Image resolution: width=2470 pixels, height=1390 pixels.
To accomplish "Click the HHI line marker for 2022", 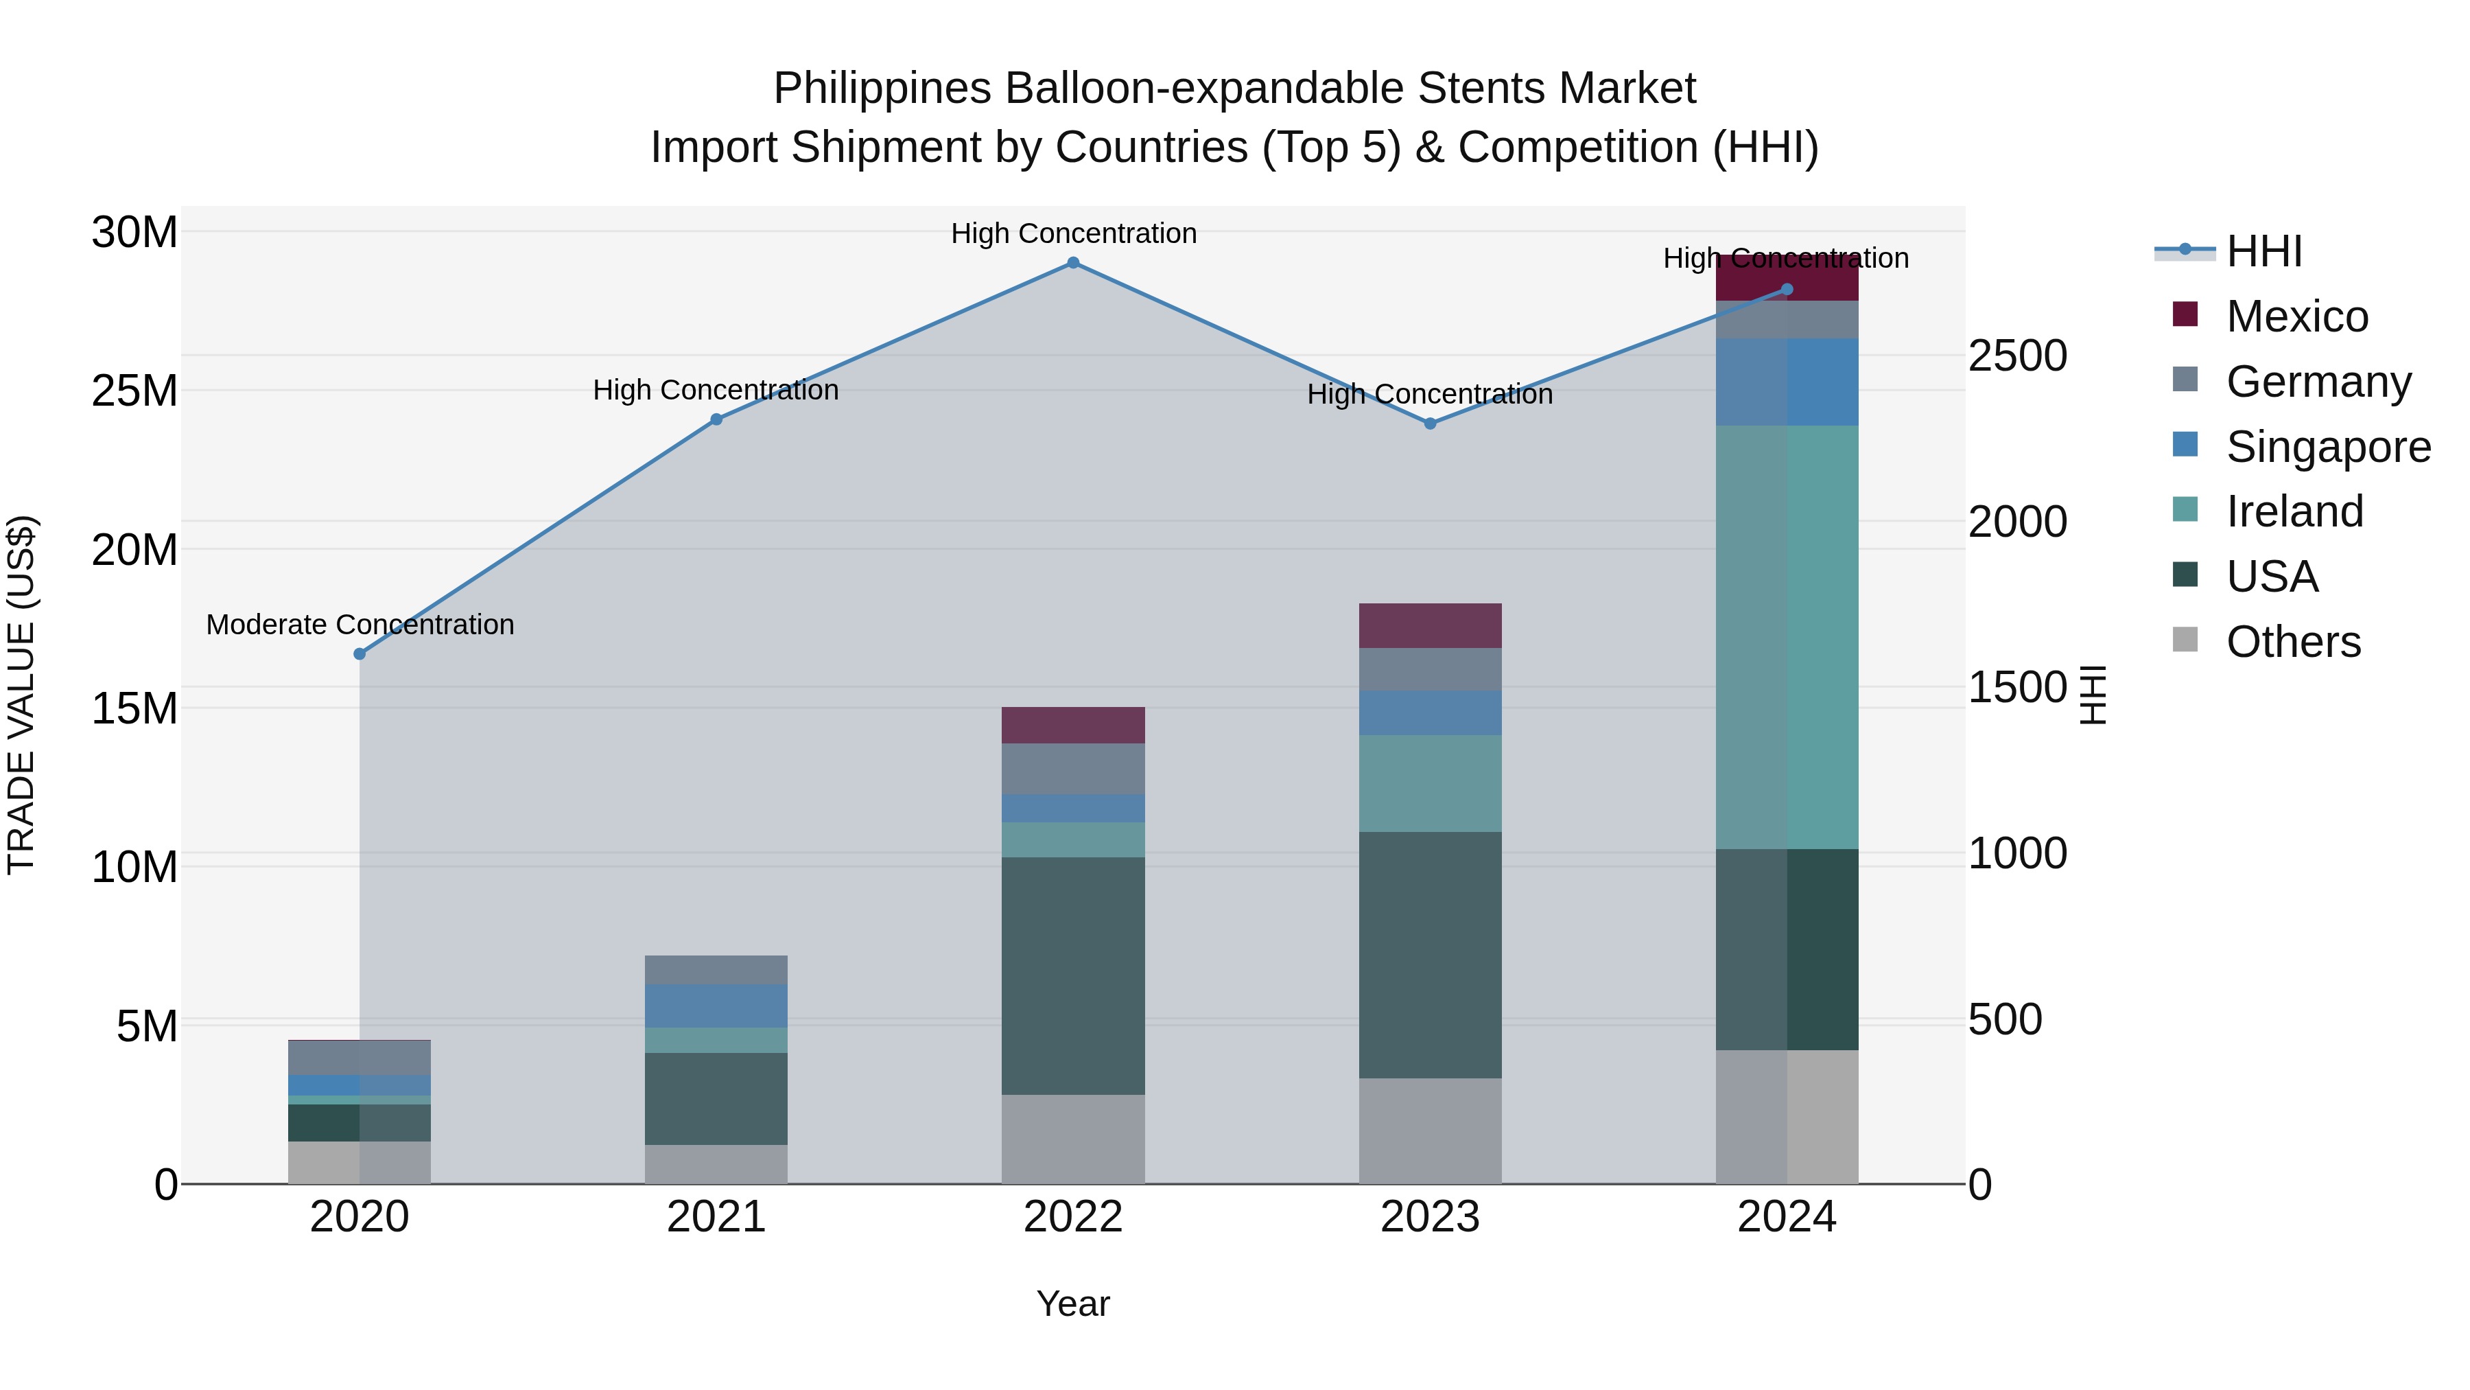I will coord(1073,263).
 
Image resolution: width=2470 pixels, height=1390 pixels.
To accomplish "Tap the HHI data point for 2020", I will coord(360,654).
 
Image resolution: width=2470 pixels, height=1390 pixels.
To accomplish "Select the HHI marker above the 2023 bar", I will coord(1430,423).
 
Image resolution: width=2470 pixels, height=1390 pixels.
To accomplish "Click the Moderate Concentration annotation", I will coord(360,625).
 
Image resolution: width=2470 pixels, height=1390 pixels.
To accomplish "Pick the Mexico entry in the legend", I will coord(2296,316).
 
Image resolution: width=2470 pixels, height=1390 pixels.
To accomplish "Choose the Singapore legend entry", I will coord(2328,447).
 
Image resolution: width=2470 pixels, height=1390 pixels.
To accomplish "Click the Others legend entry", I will coord(2292,642).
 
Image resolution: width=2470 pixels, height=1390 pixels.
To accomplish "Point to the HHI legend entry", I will coord(2263,251).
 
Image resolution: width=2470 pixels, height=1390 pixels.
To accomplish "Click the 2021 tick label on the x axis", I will coord(716,1217).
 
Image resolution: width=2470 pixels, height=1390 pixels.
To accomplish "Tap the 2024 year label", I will coord(1787,1217).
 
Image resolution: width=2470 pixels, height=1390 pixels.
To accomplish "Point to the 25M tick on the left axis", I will coord(134,391).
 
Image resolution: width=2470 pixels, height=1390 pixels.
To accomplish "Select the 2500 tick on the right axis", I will coord(2017,356).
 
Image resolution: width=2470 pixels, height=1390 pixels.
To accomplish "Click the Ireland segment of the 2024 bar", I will coord(1787,637).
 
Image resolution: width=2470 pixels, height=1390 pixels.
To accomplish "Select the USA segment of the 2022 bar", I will coord(1073,975).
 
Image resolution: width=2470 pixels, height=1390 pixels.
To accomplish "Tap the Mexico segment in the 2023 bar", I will coord(1430,625).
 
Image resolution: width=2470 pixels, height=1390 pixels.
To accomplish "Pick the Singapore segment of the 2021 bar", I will coord(716,1006).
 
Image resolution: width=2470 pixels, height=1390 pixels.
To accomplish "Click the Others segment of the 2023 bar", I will coord(1430,1131).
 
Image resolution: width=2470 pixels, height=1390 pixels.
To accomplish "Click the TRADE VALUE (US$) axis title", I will coord(21,695).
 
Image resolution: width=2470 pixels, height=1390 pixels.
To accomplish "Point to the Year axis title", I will coord(1073,1304).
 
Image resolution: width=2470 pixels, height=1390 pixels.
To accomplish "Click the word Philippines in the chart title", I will coord(882,89).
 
